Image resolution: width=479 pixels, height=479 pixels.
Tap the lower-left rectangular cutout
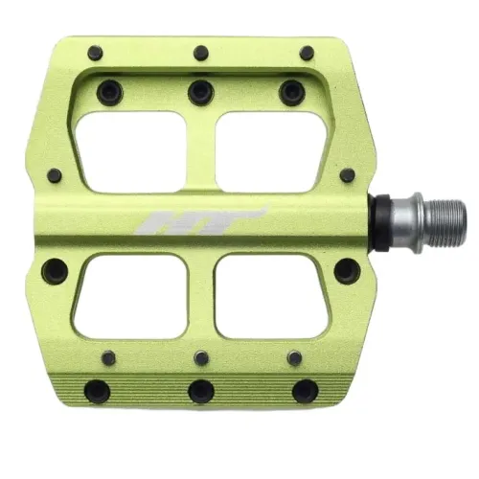tap(130, 296)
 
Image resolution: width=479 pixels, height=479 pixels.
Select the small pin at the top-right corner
tap(307, 54)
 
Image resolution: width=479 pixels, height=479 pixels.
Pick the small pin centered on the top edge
tap(200, 54)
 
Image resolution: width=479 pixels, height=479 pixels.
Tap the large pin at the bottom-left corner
tap(97, 390)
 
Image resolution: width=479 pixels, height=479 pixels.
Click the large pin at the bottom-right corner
tap(305, 390)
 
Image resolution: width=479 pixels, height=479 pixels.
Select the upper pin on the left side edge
tap(55, 176)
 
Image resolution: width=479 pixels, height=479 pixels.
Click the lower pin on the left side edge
tap(56, 271)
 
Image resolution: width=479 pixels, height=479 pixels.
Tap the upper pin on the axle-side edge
tap(347, 175)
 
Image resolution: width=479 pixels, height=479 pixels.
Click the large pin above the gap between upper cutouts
tap(200, 92)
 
